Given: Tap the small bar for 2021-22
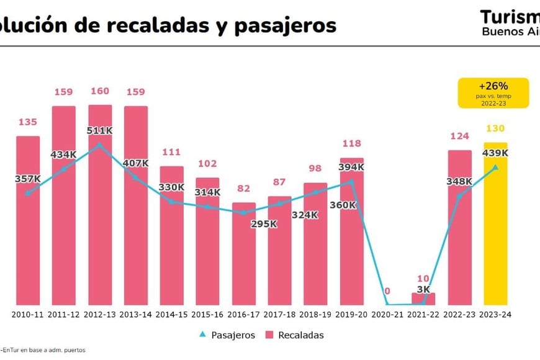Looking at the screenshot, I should pos(423,299).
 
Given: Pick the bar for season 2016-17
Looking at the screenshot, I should pos(244,254).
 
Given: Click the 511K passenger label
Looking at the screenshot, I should pos(100,131).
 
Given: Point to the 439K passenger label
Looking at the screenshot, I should pos(495,153).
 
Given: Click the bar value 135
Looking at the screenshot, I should pos(27,122).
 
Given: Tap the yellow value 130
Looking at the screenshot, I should pos(495,128).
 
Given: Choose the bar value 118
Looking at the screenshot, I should pos(352,144).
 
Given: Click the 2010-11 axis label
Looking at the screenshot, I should pos(28,315).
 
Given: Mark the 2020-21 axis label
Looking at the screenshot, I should pos(388,315).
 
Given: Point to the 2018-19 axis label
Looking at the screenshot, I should pos(316,315).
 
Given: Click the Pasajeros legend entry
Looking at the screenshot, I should pos(226,335).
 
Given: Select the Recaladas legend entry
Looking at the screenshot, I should pos(295,335).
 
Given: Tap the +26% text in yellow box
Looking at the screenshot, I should pos(493,86).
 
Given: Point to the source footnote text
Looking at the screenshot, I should pos(43,350).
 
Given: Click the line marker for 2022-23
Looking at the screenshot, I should pos(459,196).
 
